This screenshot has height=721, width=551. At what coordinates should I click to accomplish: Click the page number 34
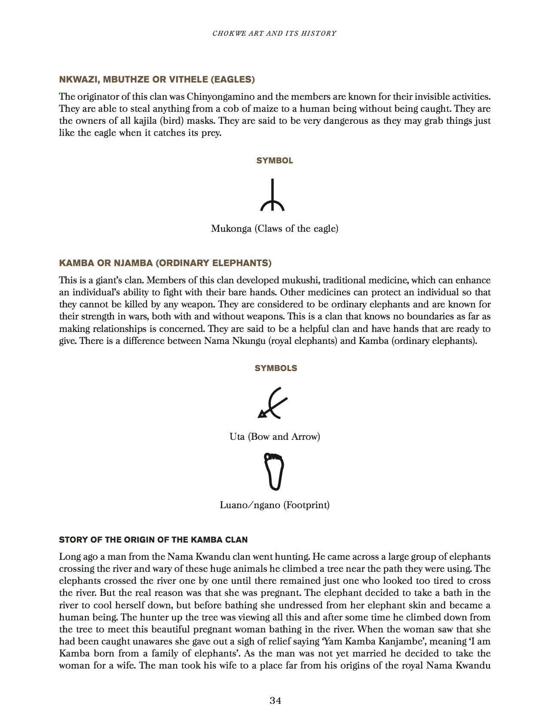coord(275,700)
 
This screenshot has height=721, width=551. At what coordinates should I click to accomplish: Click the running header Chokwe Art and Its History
coord(274,33)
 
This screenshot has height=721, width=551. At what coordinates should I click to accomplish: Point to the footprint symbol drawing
coord(274,471)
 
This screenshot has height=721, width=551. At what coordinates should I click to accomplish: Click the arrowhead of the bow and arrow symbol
coord(260,414)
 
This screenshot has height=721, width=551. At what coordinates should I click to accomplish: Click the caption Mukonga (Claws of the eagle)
coord(274,229)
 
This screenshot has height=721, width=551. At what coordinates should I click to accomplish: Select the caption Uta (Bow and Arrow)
coord(274,437)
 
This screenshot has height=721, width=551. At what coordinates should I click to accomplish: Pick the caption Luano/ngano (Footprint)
coord(274,505)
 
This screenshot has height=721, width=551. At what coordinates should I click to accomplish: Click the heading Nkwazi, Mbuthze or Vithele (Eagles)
coord(157,79)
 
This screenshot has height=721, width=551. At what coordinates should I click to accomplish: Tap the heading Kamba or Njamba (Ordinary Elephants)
coord(165,263)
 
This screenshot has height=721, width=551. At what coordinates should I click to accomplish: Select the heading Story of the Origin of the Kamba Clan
coord(153,540)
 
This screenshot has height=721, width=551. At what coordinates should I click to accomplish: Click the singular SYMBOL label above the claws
coord(275,160)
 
